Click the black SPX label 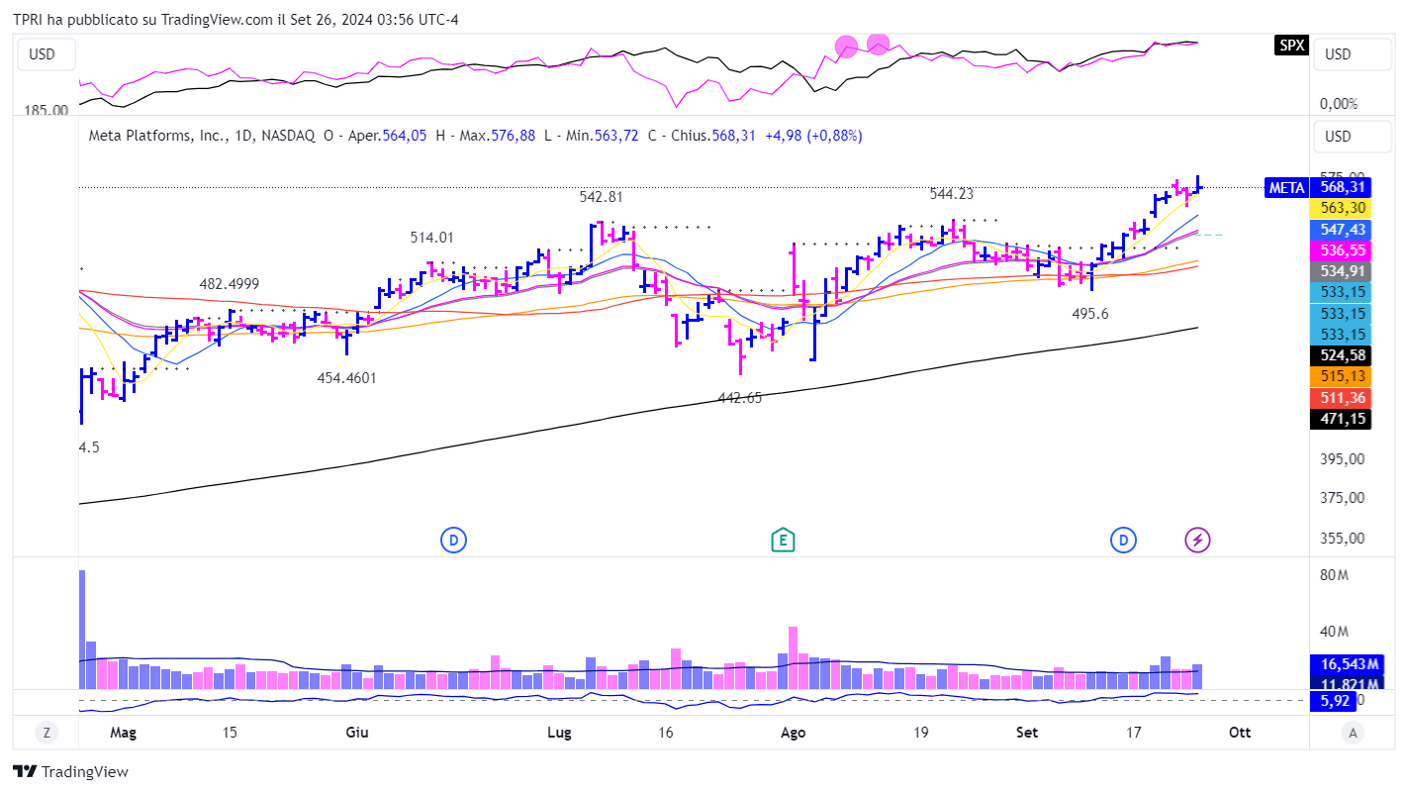tap(1291, 45)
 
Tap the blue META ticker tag tap(1285, 187)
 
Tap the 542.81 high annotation tap(602, 197)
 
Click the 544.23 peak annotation tap(951, 194)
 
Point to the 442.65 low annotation tap(740, 398)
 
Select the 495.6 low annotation tap(1090, 313)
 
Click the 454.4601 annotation tap(346, 377)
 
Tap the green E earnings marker tap(783, 541)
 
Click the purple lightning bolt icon tap(1198, 541)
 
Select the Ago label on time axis tap(794, 733)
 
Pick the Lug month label tap(559, 733)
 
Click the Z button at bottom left tap(46, 733)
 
